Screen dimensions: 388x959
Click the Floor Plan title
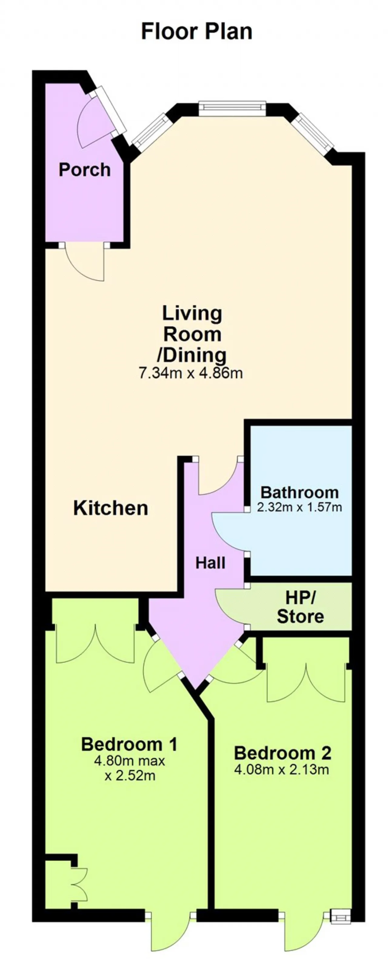pyautogui.click(x=197, y=32)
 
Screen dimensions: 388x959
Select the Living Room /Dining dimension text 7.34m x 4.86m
pyautogui.click(x=191, y=373)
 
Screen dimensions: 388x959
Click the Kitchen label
pyautogui.click(x=111, y=508)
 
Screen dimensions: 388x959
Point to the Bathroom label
pyautogui.click(x=299, y=492)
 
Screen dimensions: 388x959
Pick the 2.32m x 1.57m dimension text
pyautogui.click(x=299, y=507)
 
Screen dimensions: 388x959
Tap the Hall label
pyautogui.click(x=211, y=563)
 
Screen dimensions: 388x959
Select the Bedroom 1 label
pyautogui.click(x=129, y=744)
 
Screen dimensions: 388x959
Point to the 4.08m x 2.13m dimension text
pyautogui.click(x=282, y=769)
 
